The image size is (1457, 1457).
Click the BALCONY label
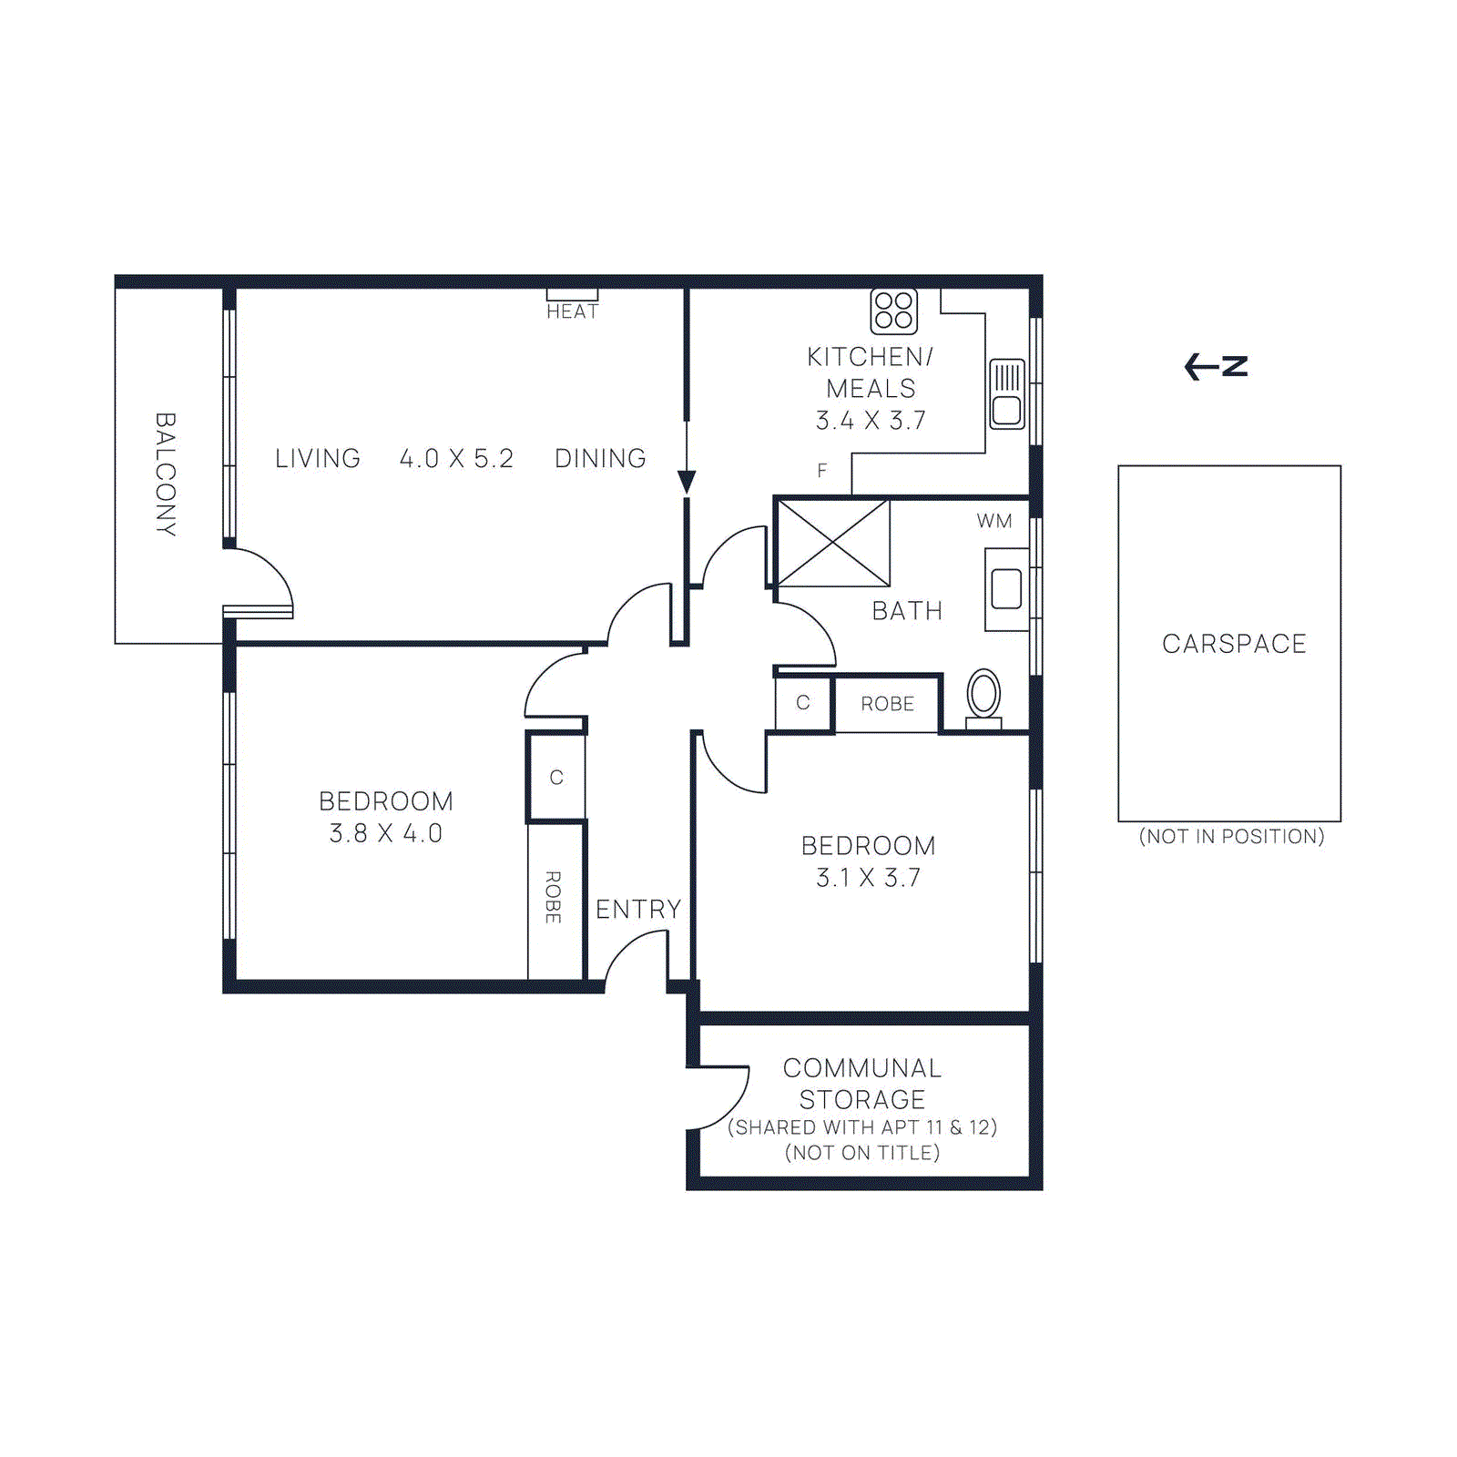point(165,474)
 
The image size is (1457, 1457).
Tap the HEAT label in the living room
point(572,311)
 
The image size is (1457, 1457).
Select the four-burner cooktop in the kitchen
point(893,311)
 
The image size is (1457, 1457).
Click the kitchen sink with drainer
point(1007,393)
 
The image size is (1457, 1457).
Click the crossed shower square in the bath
point(833,543)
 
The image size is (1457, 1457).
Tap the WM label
point(994,521)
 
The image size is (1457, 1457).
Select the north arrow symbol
point(1216,366)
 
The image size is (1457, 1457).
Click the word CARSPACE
point(1234,644)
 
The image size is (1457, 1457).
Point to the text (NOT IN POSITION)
point(1231,836)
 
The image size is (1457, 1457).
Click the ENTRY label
point(638,909)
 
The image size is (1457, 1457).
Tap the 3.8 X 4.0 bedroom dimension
point(386,833)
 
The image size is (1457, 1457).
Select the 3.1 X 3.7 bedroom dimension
point(868,878)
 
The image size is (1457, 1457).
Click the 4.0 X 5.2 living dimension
point(456,458)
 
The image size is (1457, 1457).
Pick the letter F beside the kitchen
point(822,471)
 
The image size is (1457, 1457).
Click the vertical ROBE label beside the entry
point(553,897)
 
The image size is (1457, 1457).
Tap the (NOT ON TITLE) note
point(862,1153)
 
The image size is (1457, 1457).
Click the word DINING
point(600,458)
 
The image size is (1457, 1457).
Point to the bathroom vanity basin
point(1006,588)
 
